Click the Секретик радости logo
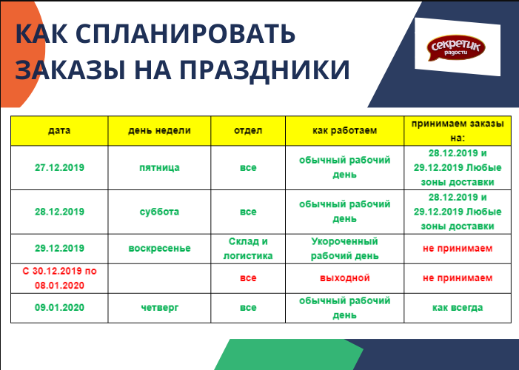pyautogui.click(x=456, y=47)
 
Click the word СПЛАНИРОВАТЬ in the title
pyautogui.click(x=185, y=34)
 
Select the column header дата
pyautogui.click(x=59, y=130)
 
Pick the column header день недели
pyautogui.click(x=159, y=130)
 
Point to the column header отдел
pyautogui.click(x=248, y=130)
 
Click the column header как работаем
pyautogui.click(x=344, y=130)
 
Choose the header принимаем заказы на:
pyautogui.click(x=458, y=131)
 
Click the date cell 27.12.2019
pyautogui.click(x=59, y=167)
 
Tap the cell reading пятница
pyautogui.click(x=159, y=167)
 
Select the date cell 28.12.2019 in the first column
pyautogui.click(x=59, y=212)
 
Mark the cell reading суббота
pyautogui.click(x=159, y=212)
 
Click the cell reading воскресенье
pyautogui.click(x=159, y=249)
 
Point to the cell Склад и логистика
pyautogui.click(x=248, y=249)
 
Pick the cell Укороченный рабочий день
pyautogui.click(x=344, y=249)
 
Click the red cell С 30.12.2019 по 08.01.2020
pyautogui.click(x=59, y=278)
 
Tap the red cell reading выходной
pyautogui.click(x=344, y=278)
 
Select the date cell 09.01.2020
pyautogui.click(x=59, y=307)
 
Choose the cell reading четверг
pyautogui.click(x=159, y=308)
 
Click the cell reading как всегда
pyautogui.click(x=458, y=308)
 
